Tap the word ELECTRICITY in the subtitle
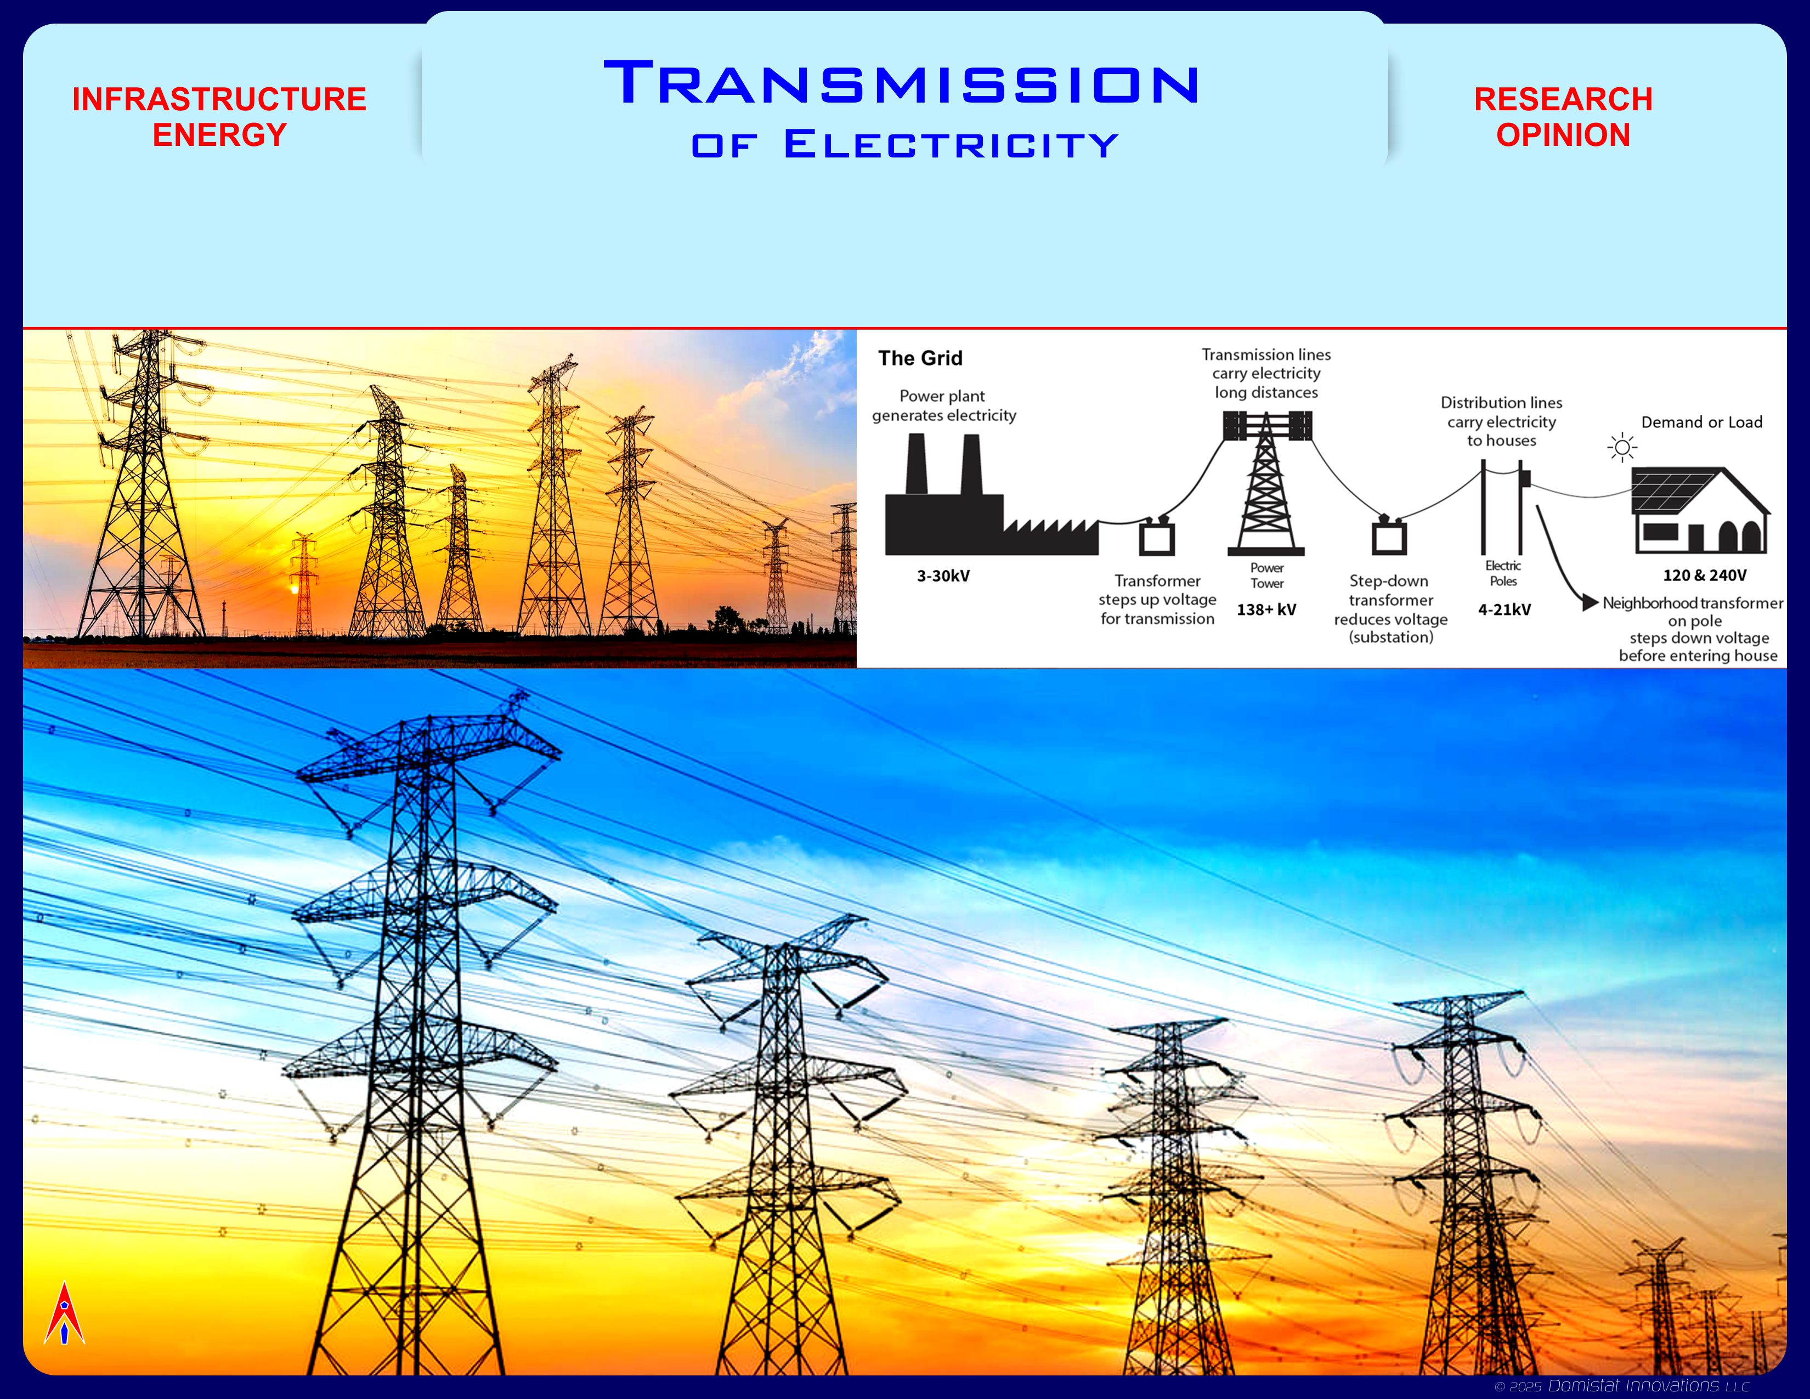952,144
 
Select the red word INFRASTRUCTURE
219,99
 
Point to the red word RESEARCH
1563,99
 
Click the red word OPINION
1563,135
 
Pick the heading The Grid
920,358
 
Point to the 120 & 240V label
1705,575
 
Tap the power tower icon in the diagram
1266,483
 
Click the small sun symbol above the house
1622,448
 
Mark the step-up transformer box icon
1157,535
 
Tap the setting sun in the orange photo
292,589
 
